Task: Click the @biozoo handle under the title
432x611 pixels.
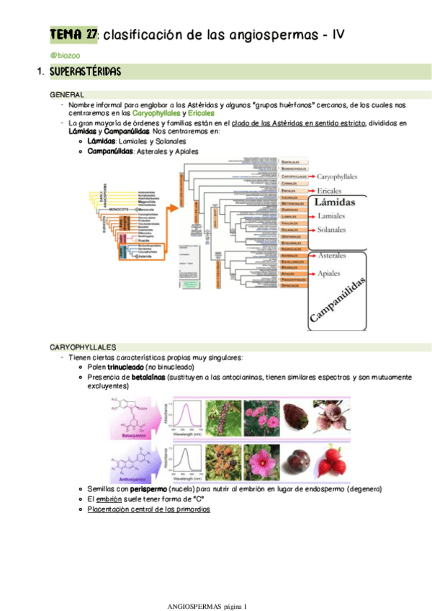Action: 65,55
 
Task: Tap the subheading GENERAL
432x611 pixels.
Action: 66,95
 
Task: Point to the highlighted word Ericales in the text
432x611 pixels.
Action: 201,113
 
